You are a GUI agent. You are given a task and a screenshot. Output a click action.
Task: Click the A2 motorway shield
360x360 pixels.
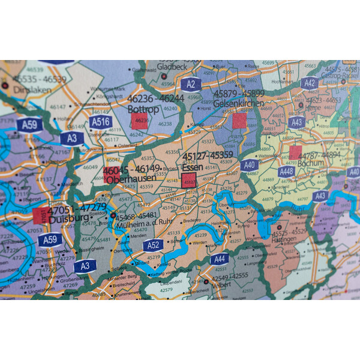click(190, 84)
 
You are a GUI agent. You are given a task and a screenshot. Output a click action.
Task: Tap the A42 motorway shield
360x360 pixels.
click(309, 83)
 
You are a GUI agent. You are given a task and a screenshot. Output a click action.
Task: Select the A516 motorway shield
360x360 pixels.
click(100, 123)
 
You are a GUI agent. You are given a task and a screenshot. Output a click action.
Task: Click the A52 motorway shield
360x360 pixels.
click(153, 245)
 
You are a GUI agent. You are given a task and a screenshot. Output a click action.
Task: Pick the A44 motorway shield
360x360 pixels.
click(219, 259)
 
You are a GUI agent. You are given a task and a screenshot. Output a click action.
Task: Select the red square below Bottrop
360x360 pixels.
click(140, 121)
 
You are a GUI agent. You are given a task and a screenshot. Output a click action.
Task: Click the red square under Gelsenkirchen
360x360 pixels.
click(239, 121)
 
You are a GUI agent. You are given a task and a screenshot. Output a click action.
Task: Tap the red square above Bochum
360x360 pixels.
click(296, 152)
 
